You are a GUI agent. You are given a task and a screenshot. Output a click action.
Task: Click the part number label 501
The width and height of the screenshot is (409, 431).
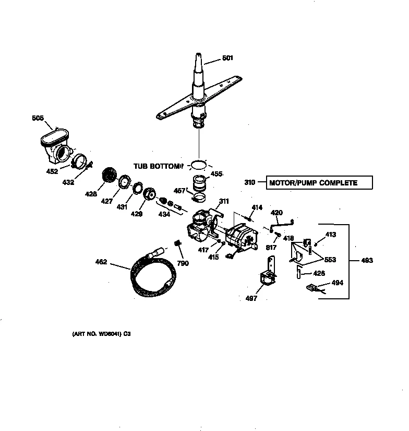pyautogui.click(x=227, y=58)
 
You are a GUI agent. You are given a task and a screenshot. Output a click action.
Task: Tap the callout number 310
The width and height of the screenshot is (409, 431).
pyautogui.click(x=250, y=183)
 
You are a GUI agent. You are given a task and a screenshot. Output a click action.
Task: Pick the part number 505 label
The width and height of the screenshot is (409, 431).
pyautogui.click(x=39, y=118)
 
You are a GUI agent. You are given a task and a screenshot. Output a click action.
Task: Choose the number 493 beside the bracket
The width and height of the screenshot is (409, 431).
pyautogui.click(x=367, y=261)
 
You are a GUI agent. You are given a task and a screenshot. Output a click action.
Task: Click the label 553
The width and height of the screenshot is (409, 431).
pyautogui.click(x=329, y=260)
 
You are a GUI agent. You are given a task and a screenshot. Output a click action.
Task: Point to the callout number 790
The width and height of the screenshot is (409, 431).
pyautogui.click(x=183, y=263)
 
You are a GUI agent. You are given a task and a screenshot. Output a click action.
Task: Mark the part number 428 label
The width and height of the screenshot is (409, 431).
pyautogui.click(x=91, y=194)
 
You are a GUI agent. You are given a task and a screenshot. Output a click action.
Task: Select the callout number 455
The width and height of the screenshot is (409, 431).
pyautogui.click(x=216, y=174)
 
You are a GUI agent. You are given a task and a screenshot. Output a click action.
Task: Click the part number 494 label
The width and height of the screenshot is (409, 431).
pyautogui.click(x=338, y=283)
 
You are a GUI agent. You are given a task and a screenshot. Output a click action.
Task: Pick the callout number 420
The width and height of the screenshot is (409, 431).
pyautogui.click(x=276, y=213)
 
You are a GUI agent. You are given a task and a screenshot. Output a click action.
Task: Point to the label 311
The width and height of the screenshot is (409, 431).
pyautogui.click(x=224, y=201)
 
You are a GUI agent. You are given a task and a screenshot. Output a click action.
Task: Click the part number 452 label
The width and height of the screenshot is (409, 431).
pyautogui.click(x=52, y=171)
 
